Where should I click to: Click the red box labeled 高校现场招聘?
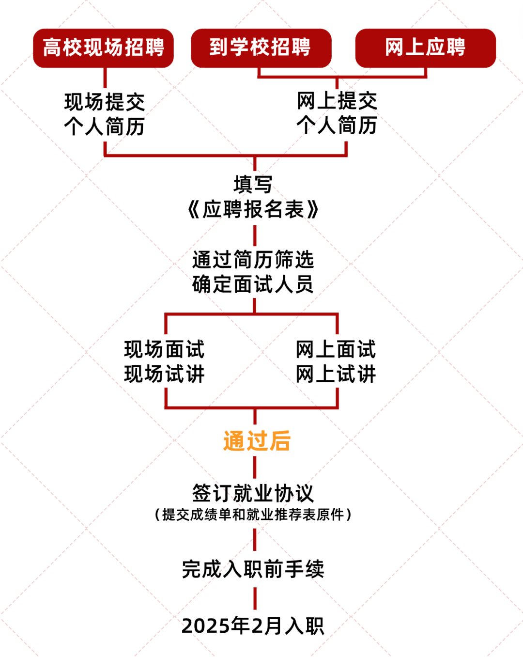point(103,48)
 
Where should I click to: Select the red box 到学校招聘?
point(261,48)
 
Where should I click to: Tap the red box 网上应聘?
point(425,48)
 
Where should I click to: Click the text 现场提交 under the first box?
point(105,102)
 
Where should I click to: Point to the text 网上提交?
point(337,101)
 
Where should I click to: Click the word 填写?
point(253,185)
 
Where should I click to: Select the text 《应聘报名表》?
point(253,210)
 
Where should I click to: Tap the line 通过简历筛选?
point(253,260)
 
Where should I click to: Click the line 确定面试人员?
point(253,284)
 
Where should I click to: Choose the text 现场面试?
point(165,349)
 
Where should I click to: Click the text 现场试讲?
point(165,374)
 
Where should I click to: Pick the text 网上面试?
point(336,349)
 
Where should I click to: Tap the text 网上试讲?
point(336,374)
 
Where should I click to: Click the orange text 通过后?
point(257,441)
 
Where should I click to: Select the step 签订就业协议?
point(253,493)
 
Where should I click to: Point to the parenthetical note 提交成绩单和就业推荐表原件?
point(253,515)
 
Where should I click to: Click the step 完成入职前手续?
point(253,569)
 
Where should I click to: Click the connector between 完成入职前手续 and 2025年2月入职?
point(255,598)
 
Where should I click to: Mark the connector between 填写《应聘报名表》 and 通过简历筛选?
point(255,235)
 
